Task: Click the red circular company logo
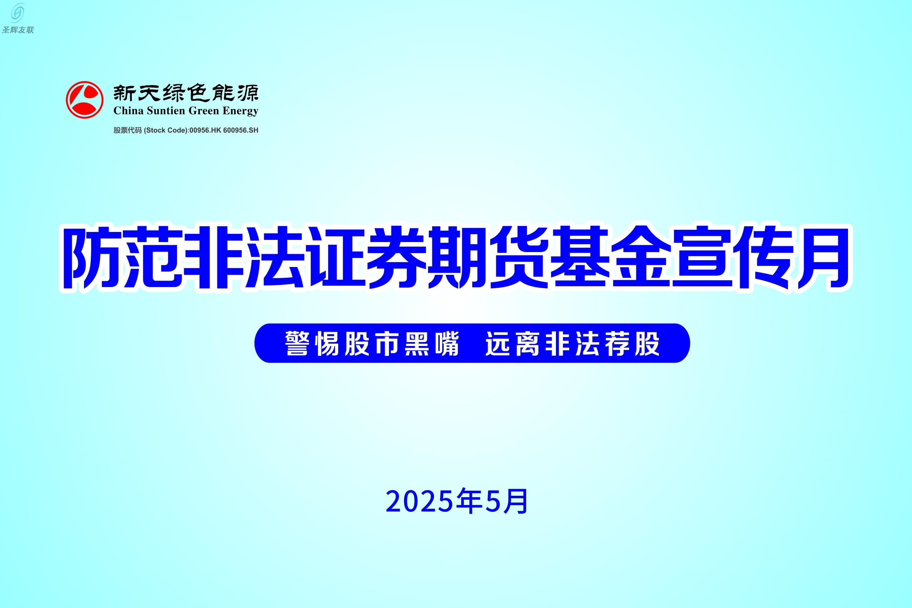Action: pyautogui.click(x=84, y=100)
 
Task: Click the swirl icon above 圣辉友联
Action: pyautogui.click(x=18, y=13)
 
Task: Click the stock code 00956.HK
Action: pyautogui.click(x=205, y=130)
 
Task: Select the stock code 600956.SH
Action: pyautogui.click(x=241, y=130)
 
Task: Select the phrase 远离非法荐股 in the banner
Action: pyautogui.click(x=573, y=343)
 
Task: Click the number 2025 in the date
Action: pyautogui.click(x=420, y=502)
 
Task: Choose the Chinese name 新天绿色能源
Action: pyautogui.click(x=186, y=93)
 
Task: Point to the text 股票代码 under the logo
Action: pyautogui.click(x=128, y=130)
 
